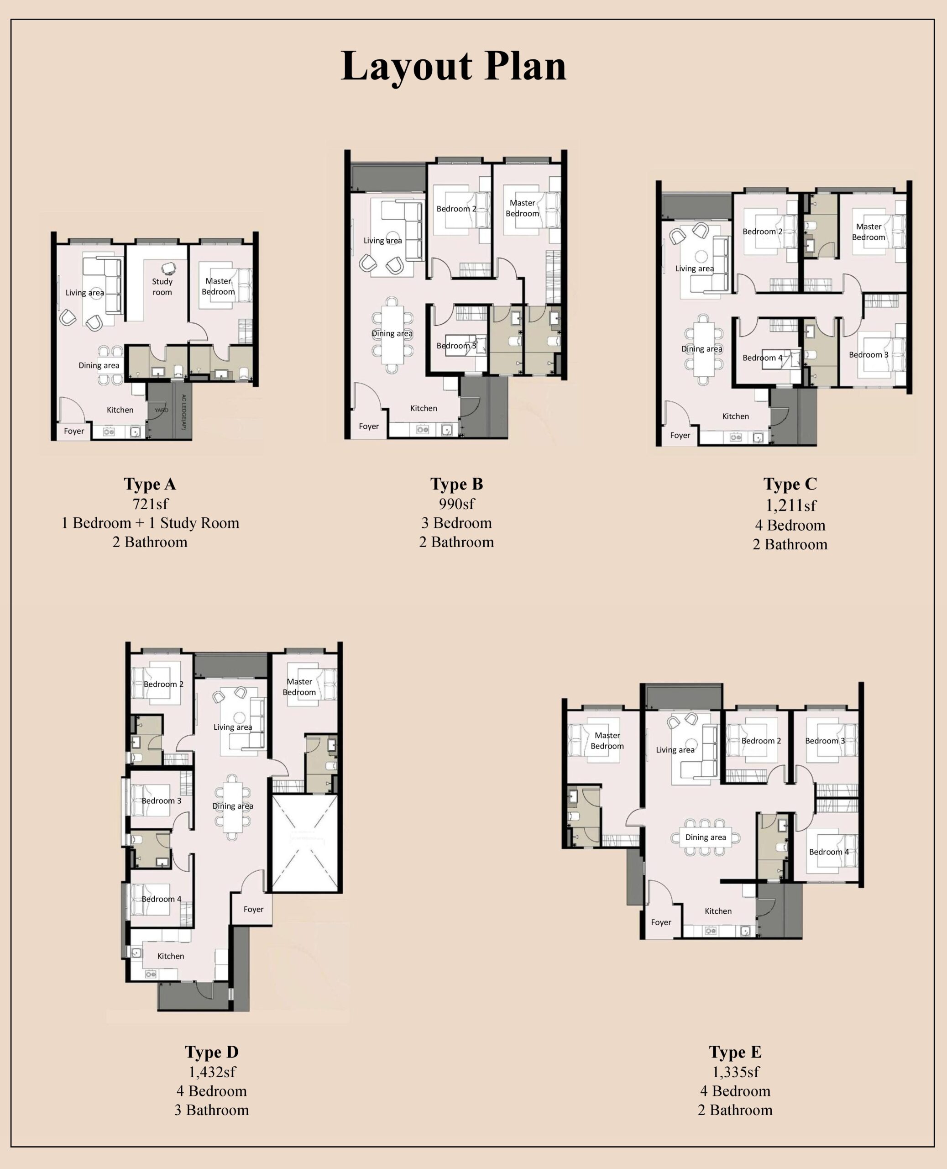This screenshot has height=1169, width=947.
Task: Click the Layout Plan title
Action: click(453, 67)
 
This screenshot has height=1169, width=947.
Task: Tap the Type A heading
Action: click(150, 484)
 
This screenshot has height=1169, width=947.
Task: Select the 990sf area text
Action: click(456, 504)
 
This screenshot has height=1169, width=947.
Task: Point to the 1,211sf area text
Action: click(790, 506)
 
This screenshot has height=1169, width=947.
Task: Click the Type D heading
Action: click(212, 1052)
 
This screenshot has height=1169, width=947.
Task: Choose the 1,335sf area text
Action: click(735, 1072)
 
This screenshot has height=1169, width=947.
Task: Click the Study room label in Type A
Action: click(162, 286)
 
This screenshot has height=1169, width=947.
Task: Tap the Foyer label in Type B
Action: click(369, 426)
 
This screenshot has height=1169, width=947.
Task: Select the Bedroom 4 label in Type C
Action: click(762, 358)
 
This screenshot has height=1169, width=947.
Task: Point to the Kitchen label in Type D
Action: click(171, 956)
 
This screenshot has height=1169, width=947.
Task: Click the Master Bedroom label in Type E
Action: click(607, 741)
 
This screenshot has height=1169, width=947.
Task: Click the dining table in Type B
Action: click(392, 335)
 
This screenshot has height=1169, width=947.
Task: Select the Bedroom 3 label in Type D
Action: click(162, 800)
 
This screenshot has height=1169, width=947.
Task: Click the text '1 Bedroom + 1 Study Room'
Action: click(150, 523)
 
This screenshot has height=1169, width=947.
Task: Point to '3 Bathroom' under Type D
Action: click(212, 1110)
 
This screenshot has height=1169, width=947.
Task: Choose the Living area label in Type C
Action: click(695, 269)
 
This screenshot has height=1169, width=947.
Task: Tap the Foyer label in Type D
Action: click(253, 909)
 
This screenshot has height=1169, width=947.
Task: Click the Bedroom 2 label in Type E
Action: click(761, 741)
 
